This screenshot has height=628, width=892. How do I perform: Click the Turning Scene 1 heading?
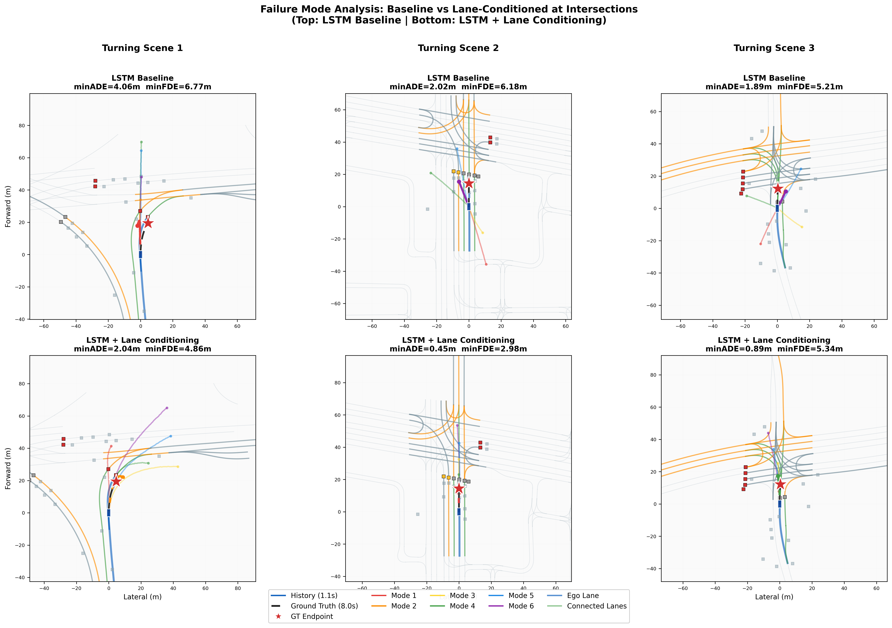tap(142, 48)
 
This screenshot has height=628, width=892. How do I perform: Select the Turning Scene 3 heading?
tap(774, 48)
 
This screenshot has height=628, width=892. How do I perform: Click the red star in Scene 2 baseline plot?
tap(469, 183)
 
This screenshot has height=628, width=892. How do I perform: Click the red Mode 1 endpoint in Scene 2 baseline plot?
tap(486, 264)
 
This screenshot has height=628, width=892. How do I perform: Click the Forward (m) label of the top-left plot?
tap(8, 206)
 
